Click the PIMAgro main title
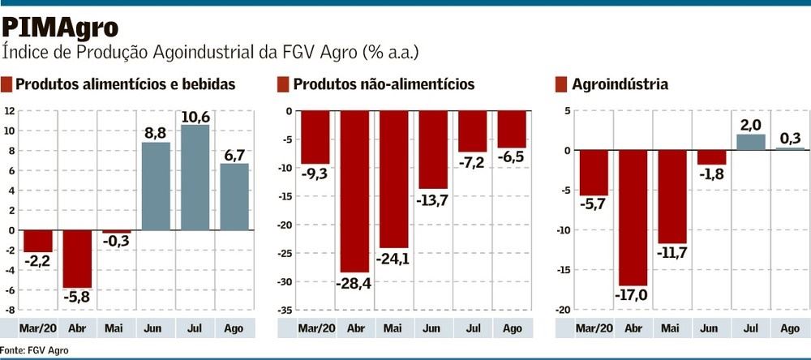click(x=60, y=27)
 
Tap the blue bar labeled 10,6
click(x=195, y=177)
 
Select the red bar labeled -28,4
click(x=354, y=191)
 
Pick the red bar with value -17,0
click(x=633, y=217)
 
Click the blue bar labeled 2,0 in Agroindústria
click(x=751, y=142)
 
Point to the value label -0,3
click(x=116, y=241)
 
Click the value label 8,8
click(x=156, y=131)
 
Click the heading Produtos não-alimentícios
click(x=384, y=84)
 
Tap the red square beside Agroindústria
click(x=560, y=84)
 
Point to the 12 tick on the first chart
click(x=9, y=110)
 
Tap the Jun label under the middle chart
click(x=432, y=328)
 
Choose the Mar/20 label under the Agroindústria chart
click(x=593, y=328)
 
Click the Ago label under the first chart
click(x=234, y=328)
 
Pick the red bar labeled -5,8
click(x=77, y=259)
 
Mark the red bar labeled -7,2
click(x=472, y=131)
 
